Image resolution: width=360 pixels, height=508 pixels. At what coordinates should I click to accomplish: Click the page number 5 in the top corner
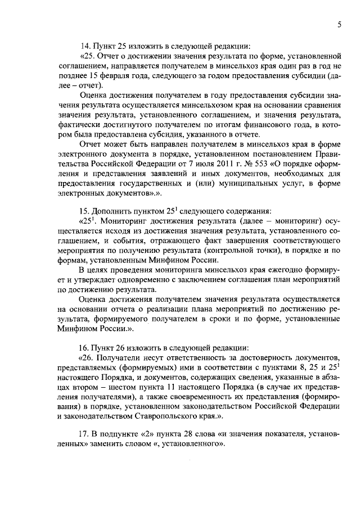tap(340, 25)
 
